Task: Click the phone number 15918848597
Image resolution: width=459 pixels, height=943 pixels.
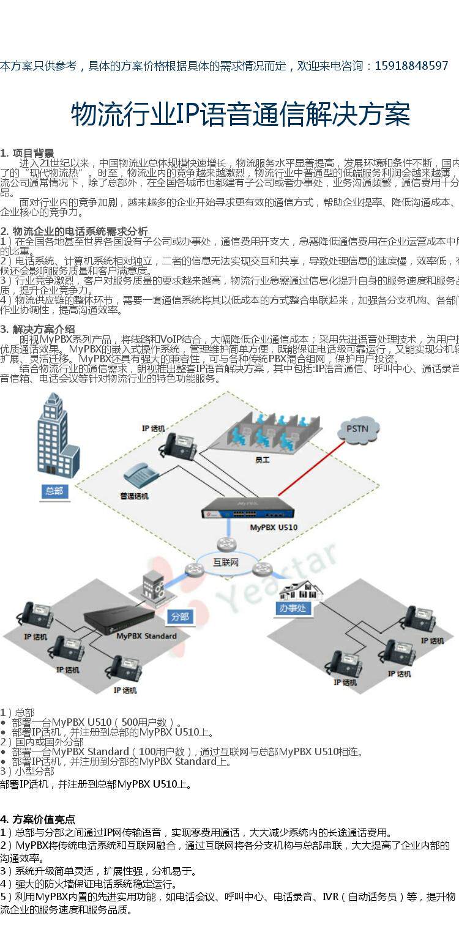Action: pos(411,66)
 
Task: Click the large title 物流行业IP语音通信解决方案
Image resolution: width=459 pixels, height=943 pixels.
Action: pos(240,115)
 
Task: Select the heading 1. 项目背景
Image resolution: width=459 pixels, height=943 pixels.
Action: pos(27,153)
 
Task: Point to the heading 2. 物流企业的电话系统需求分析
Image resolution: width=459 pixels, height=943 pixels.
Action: pos(74,231)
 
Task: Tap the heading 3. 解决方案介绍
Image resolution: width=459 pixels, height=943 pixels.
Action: pos(38,329)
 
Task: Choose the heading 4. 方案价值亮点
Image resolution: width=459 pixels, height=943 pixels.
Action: pos(38,819)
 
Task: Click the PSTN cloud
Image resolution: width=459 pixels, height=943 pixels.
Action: pos(357,429)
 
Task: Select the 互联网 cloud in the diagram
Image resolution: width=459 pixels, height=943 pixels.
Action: pos(225,562)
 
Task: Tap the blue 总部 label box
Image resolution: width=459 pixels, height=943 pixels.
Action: pos(53,491)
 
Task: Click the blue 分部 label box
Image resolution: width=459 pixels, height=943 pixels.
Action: pos(180,616)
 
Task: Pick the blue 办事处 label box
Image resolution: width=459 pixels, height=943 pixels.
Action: pos(293,608)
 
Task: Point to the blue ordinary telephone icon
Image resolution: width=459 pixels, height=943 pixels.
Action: pos(141,476)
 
